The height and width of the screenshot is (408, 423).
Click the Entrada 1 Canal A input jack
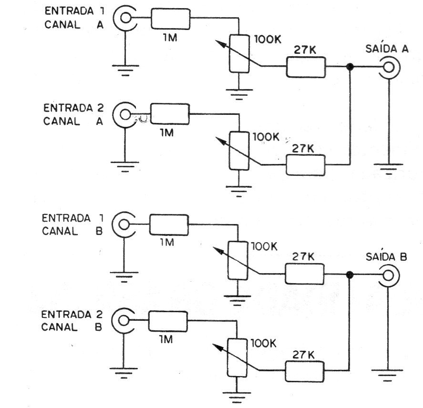click(125, 18)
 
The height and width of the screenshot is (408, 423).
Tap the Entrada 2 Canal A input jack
click(124, 114)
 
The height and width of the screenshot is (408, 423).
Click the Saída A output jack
click(389, 68)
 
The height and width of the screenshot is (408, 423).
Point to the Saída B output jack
click(388, 275)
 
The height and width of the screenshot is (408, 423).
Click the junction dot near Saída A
click(351, 68)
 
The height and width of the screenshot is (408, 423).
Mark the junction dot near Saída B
click(350, 275)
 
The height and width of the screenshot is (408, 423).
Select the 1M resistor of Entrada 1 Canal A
click(171, 19)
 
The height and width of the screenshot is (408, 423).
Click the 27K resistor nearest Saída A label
click(306, 68)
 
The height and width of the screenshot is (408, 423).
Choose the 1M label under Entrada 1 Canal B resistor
click(167, 243)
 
